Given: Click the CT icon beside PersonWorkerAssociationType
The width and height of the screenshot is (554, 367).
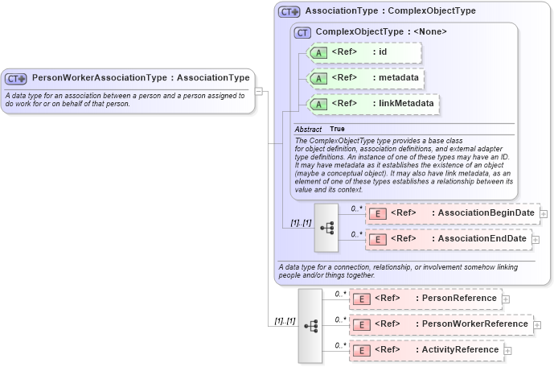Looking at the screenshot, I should point(16,79).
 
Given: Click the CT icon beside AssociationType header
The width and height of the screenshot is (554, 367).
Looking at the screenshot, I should point(289,12).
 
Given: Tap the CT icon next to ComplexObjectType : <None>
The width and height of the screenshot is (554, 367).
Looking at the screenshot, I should point(303,32).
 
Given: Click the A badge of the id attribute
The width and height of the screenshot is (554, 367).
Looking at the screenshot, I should point(318,53).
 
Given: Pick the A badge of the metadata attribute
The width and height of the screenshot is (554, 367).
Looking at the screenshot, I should point(318,79).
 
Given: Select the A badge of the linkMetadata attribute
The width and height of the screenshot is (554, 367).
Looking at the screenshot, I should point(318,104).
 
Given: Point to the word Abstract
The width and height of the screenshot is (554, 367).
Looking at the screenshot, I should point(308,130).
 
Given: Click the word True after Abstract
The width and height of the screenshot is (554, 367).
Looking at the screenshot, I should point(338,130).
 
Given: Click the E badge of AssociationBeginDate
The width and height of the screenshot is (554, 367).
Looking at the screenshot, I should point(377,213).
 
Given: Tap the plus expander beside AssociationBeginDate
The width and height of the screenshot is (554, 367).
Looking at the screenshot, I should point(544,214).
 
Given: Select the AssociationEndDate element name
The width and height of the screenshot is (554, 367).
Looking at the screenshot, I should point(480,239).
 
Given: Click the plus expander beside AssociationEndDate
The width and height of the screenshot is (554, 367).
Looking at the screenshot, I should point(536,240).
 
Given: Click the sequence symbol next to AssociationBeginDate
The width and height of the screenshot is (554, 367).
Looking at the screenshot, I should point(326,227).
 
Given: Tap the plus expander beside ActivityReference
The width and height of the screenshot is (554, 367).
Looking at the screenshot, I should point(508,351).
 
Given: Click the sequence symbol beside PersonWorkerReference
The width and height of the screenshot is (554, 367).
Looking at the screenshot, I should point(310,325).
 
